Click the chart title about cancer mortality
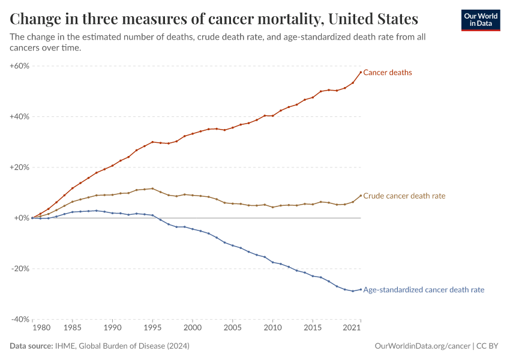click(x=214, y=19)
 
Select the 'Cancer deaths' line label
click(x=388, y=73)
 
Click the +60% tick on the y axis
click(x=20, y=65)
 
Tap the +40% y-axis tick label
click(x=20, y=116)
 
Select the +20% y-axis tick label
click(x=20, y=167)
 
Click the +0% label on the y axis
click(x=22, y=218)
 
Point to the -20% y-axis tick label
click(x=20, y=269)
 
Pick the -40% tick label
click(x=20, y=319)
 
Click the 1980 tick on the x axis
click(x=41, y=329)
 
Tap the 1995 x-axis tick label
click(x=152, y=329)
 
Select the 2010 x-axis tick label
click(x=272, y=329)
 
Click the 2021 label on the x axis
click(x=352, y=329)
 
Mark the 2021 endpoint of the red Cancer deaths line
click(x=361, y=72)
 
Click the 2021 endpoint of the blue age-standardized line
click(x=361, y=289)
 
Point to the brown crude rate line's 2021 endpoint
click(x=361, y=195)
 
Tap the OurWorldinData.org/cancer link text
click(x=422, y=346)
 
